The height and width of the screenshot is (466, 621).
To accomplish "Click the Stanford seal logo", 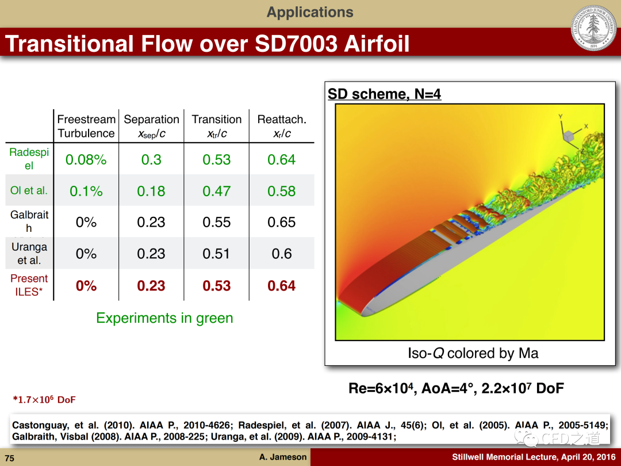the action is (x=593, y=28).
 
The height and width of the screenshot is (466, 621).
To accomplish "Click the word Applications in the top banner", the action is (x=310, y=12).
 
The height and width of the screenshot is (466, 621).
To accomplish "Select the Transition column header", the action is (x=217, y=126).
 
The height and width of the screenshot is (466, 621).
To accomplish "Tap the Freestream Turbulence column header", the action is (x=86, y=126).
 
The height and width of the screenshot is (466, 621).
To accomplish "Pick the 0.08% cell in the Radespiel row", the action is (x=86, y=160).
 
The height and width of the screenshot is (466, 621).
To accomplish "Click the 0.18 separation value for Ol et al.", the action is (x=151, y=191).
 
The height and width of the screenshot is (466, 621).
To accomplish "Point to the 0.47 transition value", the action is (x=216, y=191).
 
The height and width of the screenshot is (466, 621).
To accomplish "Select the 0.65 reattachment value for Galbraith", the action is (x=281, y=222).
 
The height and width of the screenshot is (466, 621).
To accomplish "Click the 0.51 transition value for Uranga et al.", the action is (x=216, y=254).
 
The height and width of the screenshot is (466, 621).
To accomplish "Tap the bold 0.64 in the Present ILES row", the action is (x=281, y=286).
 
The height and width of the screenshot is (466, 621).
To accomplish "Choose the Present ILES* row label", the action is (x=29, y=285).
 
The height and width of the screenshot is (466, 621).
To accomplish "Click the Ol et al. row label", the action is (x=29, y=190).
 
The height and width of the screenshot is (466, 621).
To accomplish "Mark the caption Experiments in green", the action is (x=164, y=318).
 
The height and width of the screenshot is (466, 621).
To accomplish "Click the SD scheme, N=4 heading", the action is (x=384, y=94).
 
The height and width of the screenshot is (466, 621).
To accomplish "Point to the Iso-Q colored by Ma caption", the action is (x=473, y=353).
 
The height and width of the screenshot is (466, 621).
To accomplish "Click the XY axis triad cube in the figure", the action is (x=569, y=136).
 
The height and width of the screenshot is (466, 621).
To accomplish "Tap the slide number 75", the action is (x=10, y=458).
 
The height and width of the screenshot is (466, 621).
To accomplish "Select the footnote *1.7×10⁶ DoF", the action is (x=44, y=399).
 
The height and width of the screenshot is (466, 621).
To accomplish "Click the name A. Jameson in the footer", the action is (x=283, y=457).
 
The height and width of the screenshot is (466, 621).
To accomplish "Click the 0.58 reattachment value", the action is (x=281, y=191).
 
